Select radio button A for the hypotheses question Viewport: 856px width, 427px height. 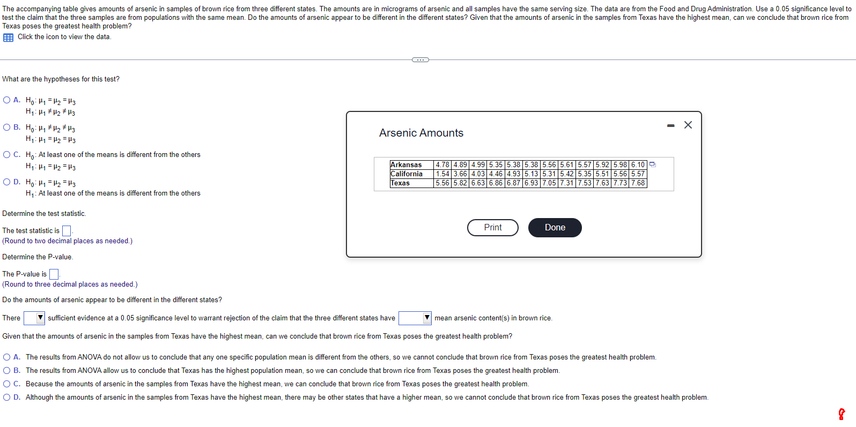(x=6, y=100)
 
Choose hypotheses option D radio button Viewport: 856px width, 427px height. (x=6, y=182)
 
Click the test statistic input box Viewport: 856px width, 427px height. (x=67, y=230)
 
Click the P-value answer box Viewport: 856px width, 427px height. (x=54, y=274)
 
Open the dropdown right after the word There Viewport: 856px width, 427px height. (x=34, y=318)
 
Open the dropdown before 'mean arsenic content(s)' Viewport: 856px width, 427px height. (x=415, y=318)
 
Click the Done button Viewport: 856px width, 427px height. (x=555, y=227)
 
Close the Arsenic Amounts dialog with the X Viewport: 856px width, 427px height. (x=688, y=125)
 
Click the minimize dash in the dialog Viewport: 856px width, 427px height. (x=670, y=125)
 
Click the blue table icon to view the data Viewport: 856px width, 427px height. (x=8, y=38)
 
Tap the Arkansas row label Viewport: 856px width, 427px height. (x=406, y=165)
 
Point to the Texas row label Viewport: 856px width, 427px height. (x=400, y=183)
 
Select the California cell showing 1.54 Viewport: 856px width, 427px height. (x=442, y=174)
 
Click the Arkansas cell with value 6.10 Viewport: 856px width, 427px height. (x=638, y=165)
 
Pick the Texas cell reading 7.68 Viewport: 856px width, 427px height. (x=638, y=183)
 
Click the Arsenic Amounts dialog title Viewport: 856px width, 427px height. (x=421, y=133)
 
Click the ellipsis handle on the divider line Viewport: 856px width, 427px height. (x=420, y=60)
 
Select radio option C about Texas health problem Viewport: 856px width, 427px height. (x=6, y=384)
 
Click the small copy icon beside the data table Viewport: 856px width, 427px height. (x=653, y=164)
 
